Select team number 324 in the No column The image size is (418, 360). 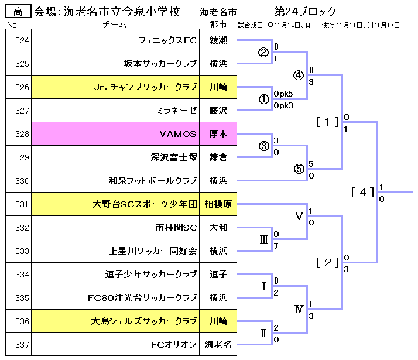coord(22,40)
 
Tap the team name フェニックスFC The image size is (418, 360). coord(167,40)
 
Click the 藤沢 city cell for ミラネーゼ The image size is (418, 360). coord(218,111)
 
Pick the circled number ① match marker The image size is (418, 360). coord(263,100)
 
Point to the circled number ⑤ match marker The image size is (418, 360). coord(299,169)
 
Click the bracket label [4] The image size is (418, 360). coord(363,192)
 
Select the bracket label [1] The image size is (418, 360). coord(328,122)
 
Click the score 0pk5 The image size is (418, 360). coord(283,94)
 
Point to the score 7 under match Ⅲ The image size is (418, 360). coord(276,245)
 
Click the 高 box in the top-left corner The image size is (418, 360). coord(18,11)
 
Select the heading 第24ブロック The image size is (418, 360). coord(306,12)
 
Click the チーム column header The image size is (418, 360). coord(115,25)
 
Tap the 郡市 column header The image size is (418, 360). coord(218,25)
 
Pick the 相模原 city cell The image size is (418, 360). coord(218,204)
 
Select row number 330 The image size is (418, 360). coord(22,181)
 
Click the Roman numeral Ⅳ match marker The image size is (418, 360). coord(299,309)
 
